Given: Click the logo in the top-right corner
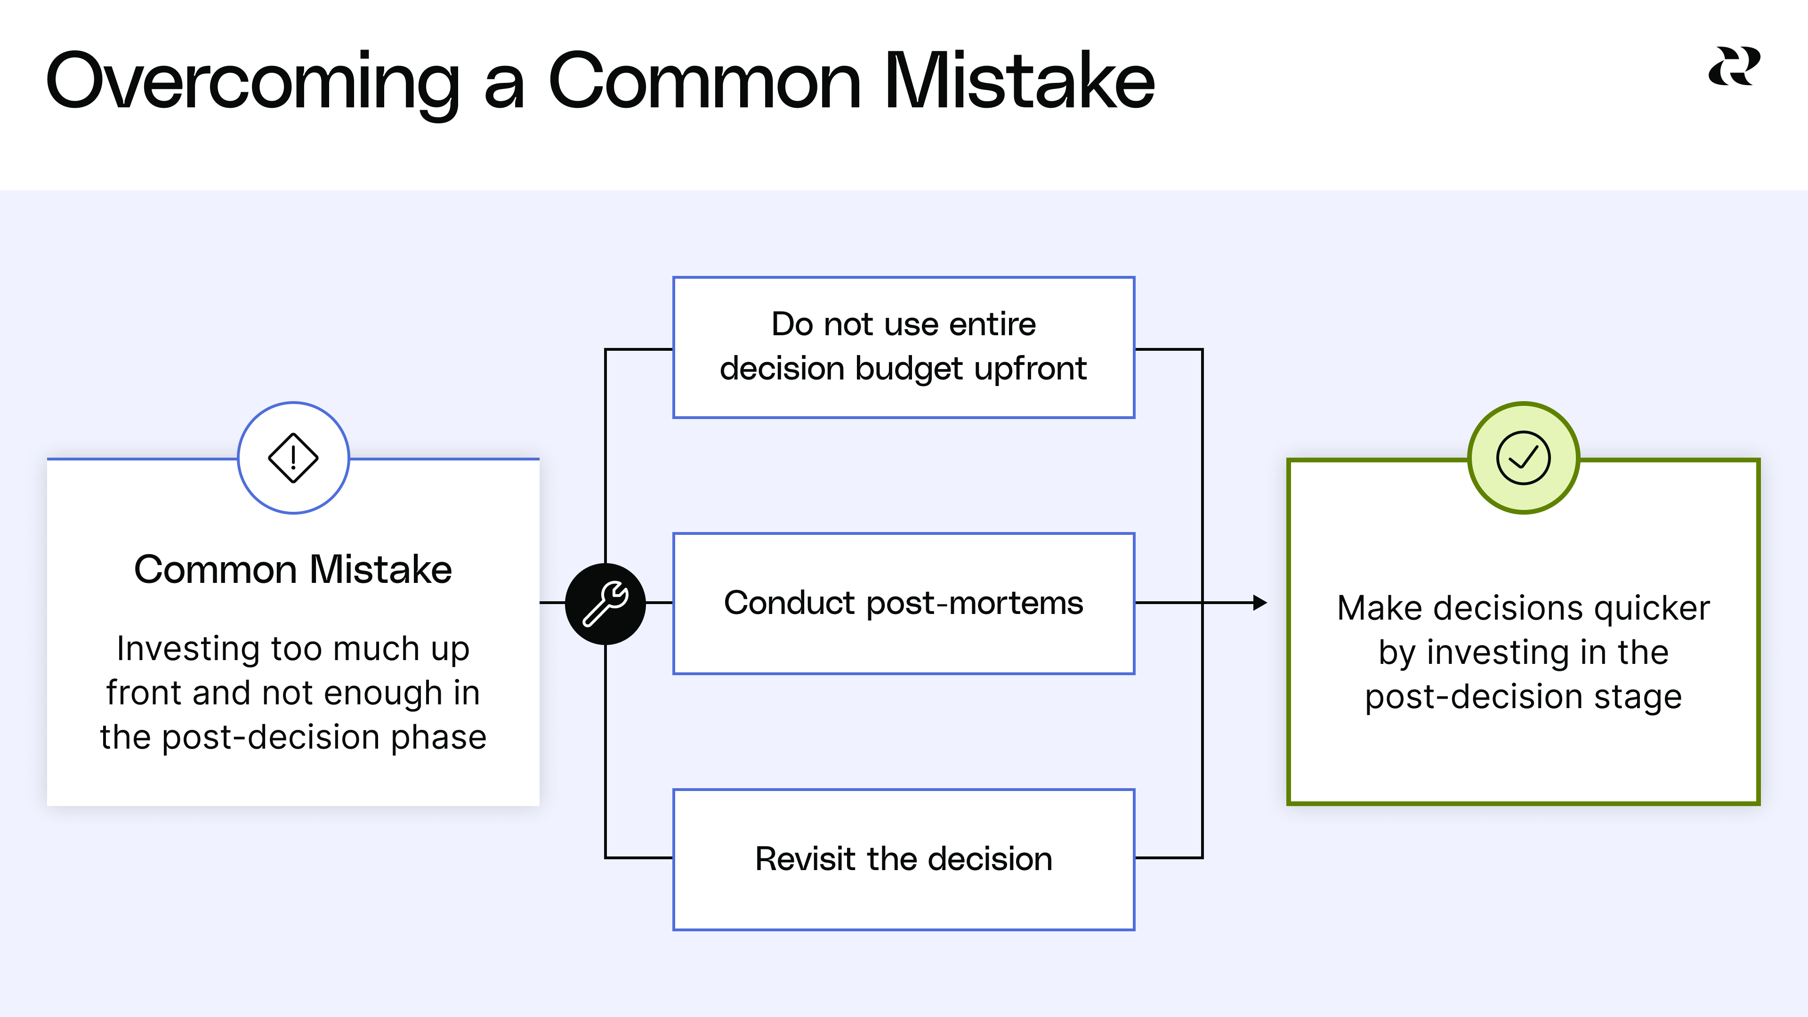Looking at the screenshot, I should point(1734,67).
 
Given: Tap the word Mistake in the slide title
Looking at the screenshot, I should point(1019,81).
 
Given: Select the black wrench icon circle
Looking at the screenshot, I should point(605,604).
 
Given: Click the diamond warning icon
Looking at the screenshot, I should point(293,458).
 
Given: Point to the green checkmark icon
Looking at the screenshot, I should point(1523,458).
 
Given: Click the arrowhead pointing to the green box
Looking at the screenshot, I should point(1260,602).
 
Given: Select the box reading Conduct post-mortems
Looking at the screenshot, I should point(904,604).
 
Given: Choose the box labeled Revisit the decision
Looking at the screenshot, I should point(904,859).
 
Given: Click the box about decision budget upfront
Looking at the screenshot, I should point(904,347).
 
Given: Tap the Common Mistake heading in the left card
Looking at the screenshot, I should point(293,569).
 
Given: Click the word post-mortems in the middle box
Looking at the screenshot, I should point(975,604).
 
